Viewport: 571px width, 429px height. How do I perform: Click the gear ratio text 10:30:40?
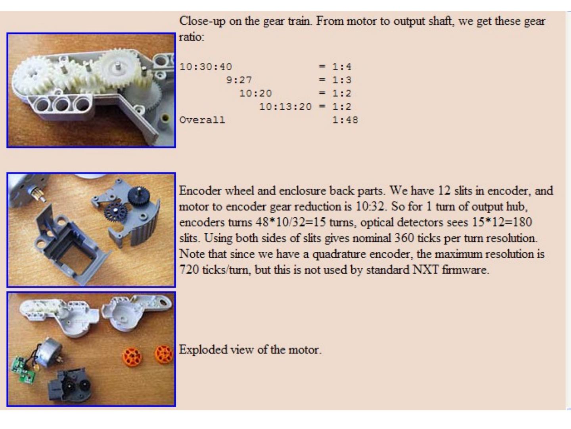click(x=205, y=67)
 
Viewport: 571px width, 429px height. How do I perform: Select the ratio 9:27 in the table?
click(x=239, y=80)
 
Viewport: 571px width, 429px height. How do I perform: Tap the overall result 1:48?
click(x=345, y=120)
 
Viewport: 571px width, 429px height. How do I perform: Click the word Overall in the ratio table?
click(x=202, y=120)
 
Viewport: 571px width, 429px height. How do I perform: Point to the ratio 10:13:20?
click(x=285, y=106)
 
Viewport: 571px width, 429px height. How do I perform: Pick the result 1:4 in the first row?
click(x=342, y=67)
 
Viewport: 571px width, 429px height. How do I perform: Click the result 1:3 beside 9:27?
click(x=342, y=80)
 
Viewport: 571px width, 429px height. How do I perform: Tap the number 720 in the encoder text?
click(x=189, y=270)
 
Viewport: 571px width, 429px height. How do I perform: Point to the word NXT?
click(x=425, y=270)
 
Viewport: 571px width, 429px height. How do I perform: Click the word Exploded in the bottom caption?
click(x=203, y=350)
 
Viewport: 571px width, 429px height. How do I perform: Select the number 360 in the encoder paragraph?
click(x=404, y=238)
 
